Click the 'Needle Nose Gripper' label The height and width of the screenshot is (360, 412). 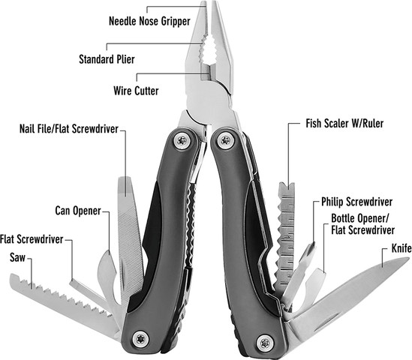(x=149, y=21)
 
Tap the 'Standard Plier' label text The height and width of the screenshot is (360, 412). (x=107, y=59)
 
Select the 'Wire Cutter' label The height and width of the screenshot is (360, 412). (x=136, y=91)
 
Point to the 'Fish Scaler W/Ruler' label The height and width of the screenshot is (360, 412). (x=344, y=124)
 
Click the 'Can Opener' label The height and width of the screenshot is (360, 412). (x=78, y=211)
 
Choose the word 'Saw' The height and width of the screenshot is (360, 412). (x=17, y=257)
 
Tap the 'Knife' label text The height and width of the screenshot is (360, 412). (x=401, y=248)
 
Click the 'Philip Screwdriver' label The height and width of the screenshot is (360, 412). (x=356, y=202)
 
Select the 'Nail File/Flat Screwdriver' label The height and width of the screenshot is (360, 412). (x=69, y=129)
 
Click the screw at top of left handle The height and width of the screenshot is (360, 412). (x=182, y=141)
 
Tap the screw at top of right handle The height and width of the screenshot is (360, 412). (x=225, y=141)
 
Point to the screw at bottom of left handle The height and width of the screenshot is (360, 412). (x=141, y=339)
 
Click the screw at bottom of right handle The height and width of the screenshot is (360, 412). (x=265, y=343)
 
